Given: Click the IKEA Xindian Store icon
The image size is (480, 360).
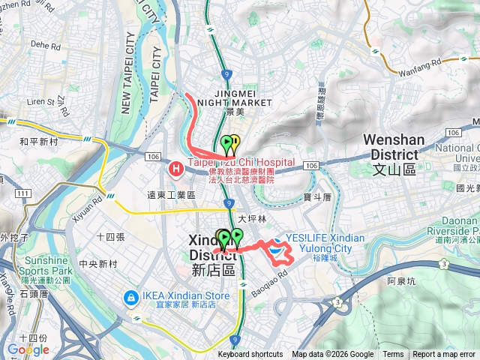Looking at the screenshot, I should pos(131,298).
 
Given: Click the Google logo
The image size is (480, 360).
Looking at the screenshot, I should pos(28,349).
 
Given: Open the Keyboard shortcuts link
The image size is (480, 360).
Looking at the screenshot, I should pos(250,355).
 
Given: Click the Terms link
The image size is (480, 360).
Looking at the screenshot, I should pos(393,355).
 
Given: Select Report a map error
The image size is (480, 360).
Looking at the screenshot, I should pos(444,355).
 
